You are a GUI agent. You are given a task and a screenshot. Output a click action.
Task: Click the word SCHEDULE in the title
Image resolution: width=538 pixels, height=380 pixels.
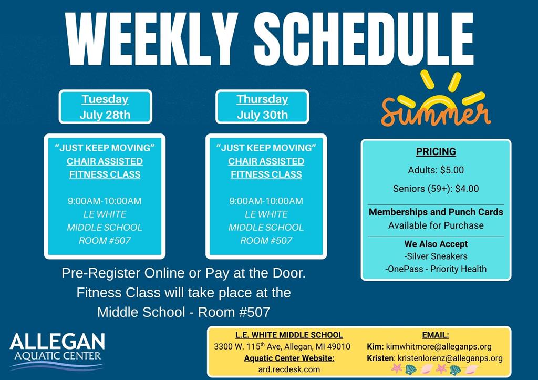point(364,39)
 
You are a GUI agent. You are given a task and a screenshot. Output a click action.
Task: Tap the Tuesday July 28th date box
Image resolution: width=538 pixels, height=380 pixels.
point(105,107)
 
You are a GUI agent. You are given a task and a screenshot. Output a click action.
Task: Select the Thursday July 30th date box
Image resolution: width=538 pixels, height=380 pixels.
point(262,107)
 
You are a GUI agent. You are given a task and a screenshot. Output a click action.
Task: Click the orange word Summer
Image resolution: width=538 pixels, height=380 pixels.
point(436,111)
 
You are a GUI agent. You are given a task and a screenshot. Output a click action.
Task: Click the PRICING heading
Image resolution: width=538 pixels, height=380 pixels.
point(436,151)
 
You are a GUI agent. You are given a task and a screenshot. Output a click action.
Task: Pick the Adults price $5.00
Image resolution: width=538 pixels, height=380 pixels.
point(452,170)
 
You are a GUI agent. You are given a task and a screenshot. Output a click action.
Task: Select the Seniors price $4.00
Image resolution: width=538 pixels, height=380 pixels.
point(467,189)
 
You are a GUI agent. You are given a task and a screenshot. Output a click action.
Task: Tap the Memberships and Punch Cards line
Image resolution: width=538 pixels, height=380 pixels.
point(436,212)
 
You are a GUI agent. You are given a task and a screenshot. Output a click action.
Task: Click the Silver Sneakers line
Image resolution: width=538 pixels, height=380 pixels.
point(436,256)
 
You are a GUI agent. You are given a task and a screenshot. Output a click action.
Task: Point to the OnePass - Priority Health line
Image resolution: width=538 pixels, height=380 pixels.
point(436,269)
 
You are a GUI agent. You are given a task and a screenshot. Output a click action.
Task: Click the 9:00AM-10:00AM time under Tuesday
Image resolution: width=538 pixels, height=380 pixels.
point(105,201)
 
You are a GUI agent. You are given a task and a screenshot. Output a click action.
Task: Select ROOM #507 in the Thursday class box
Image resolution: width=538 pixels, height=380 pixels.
point(266,240)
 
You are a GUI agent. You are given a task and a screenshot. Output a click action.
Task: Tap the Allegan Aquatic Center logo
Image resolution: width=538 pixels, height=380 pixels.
point(57,351)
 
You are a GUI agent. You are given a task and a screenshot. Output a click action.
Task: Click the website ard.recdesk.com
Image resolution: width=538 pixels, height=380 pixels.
point(289,369)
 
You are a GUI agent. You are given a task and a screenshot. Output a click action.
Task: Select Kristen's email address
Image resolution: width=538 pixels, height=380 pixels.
point(450,358)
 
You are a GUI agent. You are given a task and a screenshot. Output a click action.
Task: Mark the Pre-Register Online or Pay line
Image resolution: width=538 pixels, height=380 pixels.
point(183,273)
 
